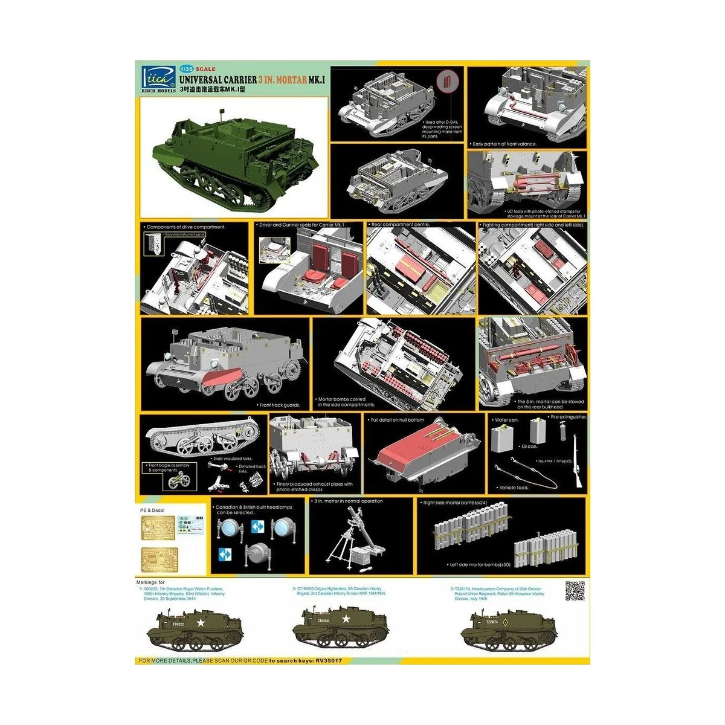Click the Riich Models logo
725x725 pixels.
coord(154,77)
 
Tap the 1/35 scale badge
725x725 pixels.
coord(188,69)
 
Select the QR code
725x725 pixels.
coord(574,591)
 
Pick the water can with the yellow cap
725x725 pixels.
coord(503,437)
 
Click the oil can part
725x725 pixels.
coord(537,431)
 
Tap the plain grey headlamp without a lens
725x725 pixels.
coord(256,553)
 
